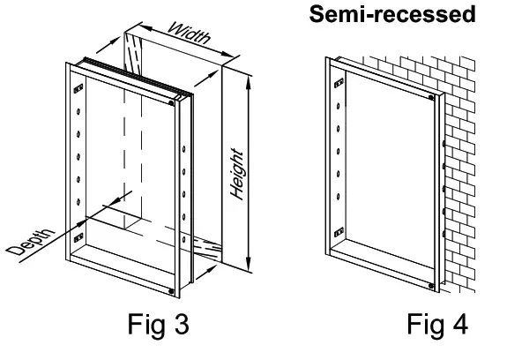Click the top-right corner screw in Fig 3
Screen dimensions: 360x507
(170, 102)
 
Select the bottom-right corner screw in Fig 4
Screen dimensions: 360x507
(430, 284)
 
